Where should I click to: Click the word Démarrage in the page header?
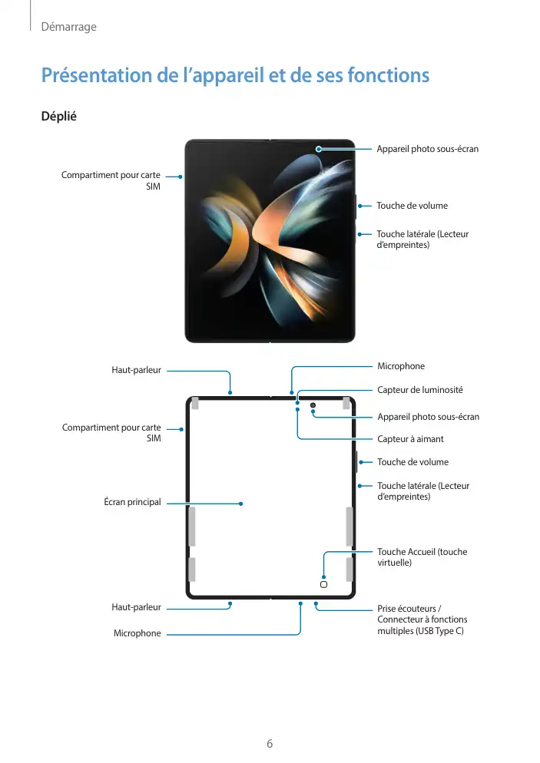click(68, 27)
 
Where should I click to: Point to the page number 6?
click(270, 743)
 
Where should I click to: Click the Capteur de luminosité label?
click(419, 390)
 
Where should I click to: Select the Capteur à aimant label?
click(410, 439)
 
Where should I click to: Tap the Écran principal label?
click(132, 502)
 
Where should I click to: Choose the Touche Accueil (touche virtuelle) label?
click(422, 557)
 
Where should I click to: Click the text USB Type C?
click(439, 631)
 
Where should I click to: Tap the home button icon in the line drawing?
click(323, 584)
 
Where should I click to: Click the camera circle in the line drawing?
click(313, 405)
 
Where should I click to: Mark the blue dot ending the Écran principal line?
click(241, 504)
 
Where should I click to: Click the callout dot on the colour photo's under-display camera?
click(317, 148)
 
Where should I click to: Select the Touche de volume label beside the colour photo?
click(412, 206)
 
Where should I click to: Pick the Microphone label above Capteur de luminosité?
click(401, 366)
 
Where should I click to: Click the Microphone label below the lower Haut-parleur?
click(137, 633)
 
